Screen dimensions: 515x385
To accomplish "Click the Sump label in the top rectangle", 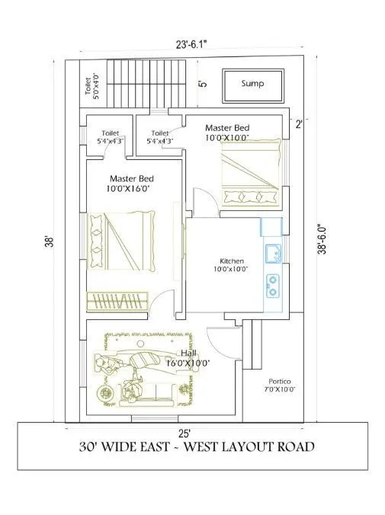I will pos(252,83).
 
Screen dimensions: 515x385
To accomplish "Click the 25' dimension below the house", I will pos(187,432).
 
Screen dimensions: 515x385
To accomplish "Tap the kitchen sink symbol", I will pos(272,254).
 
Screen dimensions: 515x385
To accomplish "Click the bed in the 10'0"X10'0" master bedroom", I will pos(249,171).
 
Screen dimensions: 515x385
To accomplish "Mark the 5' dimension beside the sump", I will pos(203,84).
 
